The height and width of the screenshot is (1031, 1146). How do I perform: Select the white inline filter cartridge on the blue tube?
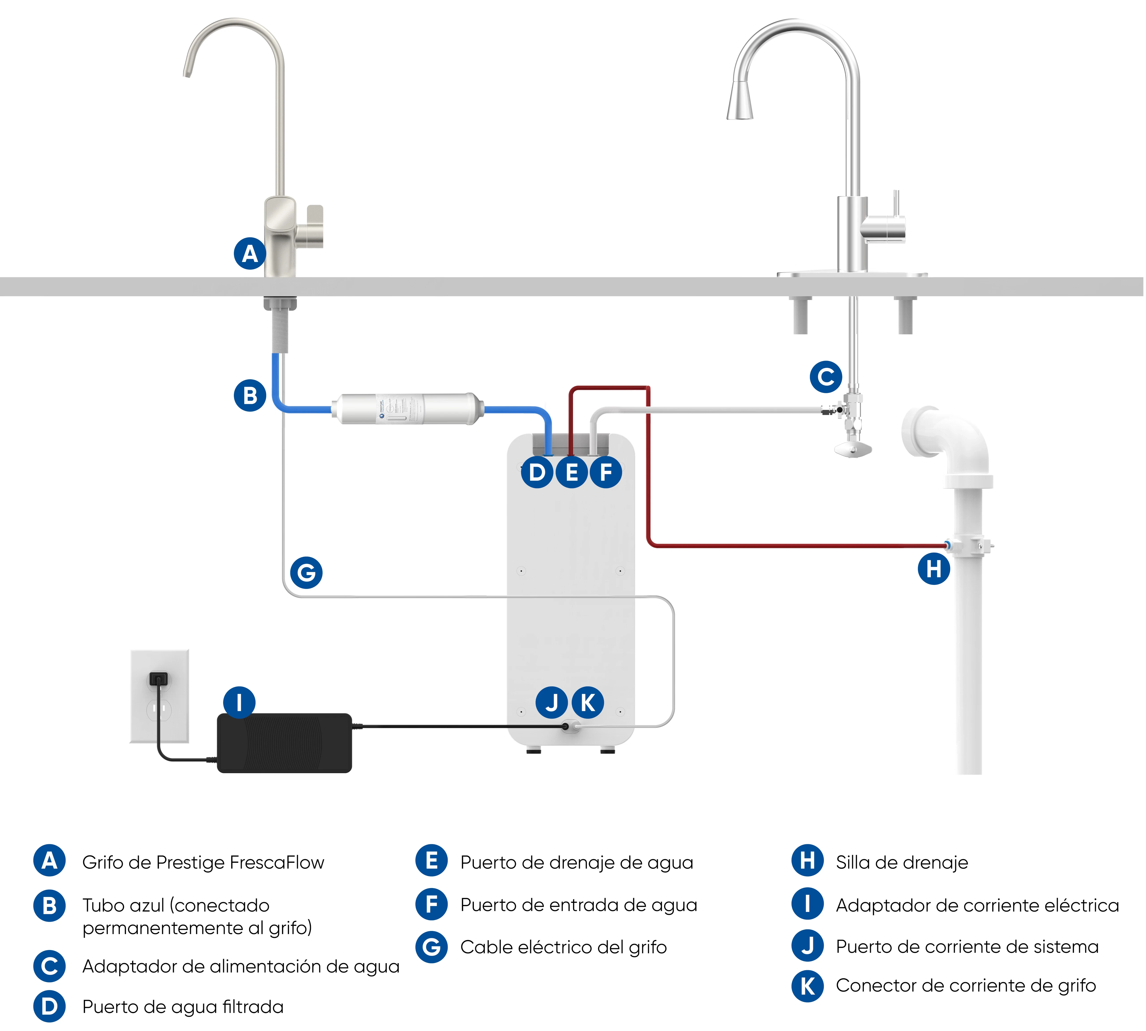(x=407, y=408)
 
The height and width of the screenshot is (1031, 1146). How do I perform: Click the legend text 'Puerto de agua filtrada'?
(x=182, y=1007)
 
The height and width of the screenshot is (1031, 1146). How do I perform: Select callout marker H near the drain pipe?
(x=933, y=569)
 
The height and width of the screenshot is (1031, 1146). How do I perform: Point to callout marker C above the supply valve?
(x=826, y=377)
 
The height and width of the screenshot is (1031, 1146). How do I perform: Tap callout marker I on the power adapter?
(x=239, y=703)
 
